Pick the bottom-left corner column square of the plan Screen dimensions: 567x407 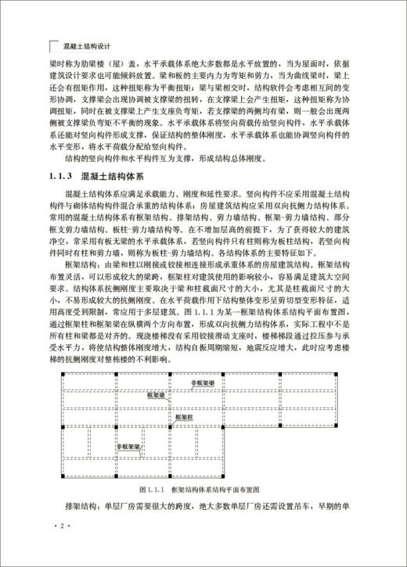[x=63, y=476]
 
